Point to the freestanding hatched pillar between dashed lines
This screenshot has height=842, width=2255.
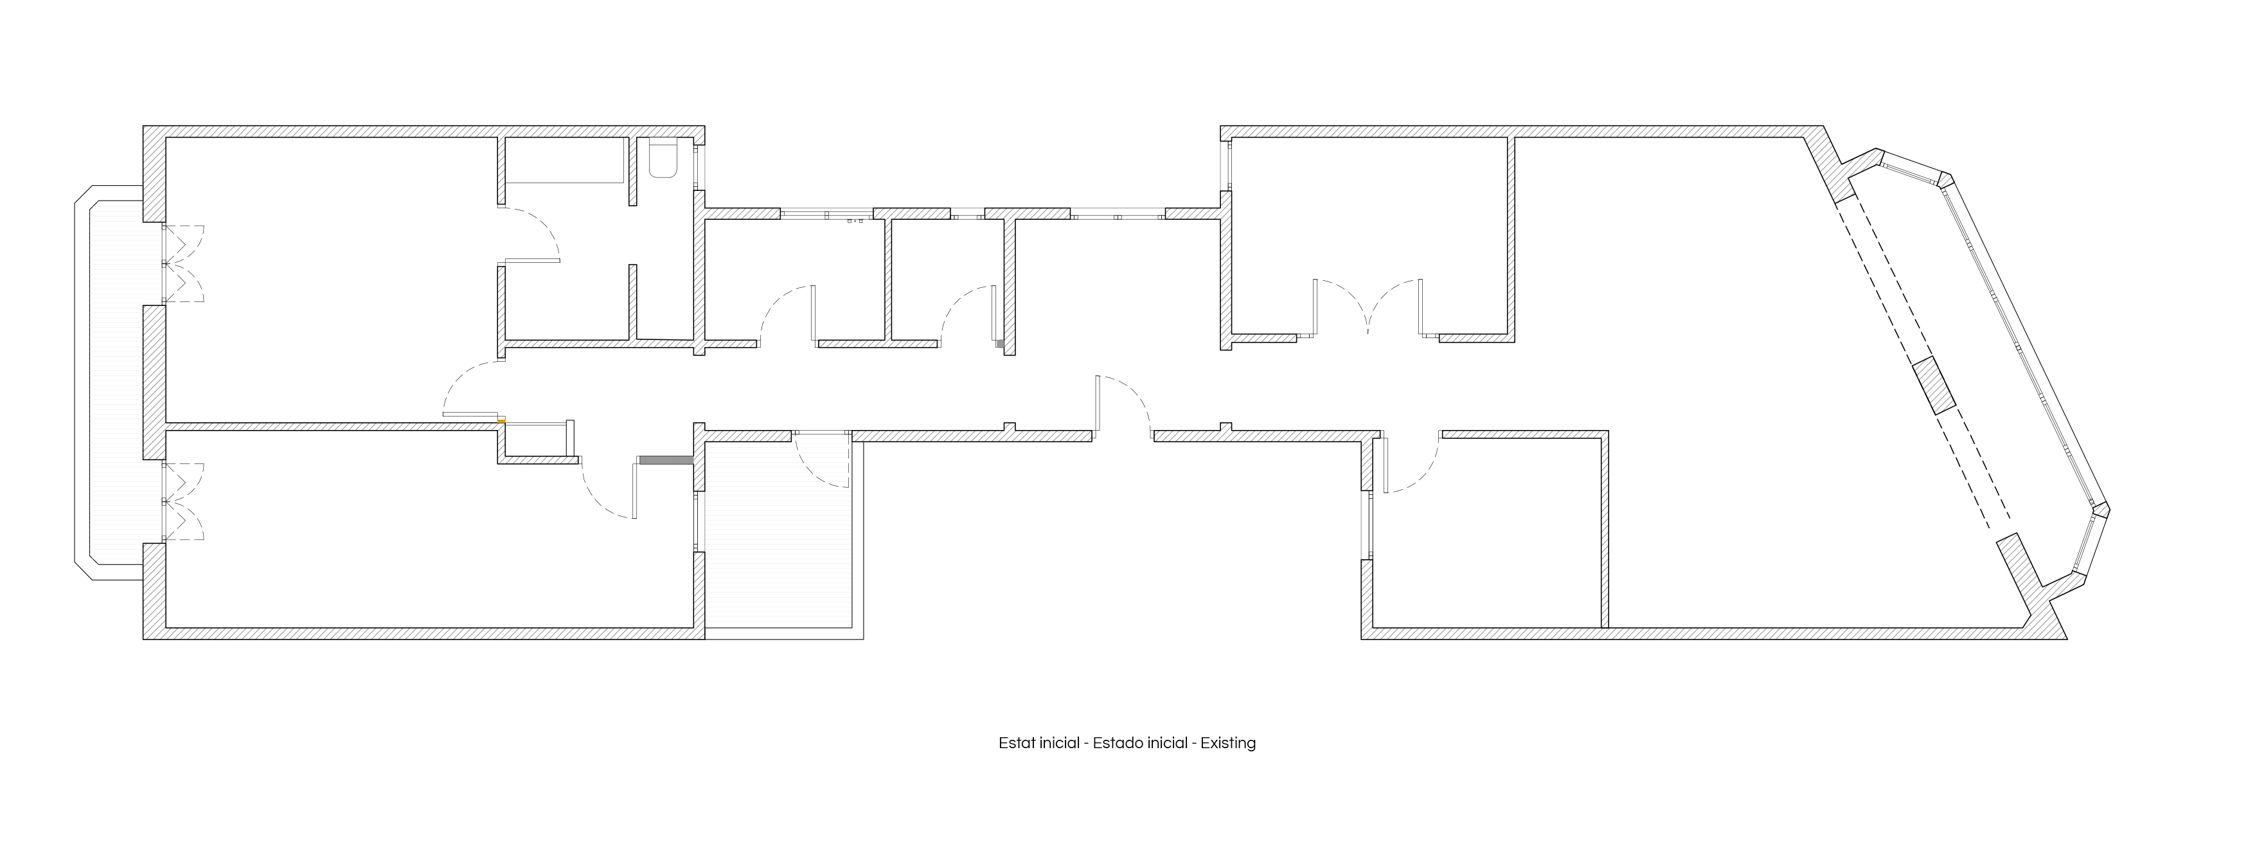[1933, 385]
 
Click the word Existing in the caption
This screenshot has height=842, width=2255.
[1227, 743]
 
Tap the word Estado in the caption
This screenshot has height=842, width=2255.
[1118, 743]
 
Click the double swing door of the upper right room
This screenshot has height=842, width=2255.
[1368, 308]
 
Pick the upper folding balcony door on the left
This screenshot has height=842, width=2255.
[184, 264]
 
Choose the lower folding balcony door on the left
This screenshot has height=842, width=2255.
[184, 501]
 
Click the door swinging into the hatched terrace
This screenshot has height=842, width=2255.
[823, 460]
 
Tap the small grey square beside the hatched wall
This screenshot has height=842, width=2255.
[1000, 343]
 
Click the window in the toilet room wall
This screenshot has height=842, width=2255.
[699, 166]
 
